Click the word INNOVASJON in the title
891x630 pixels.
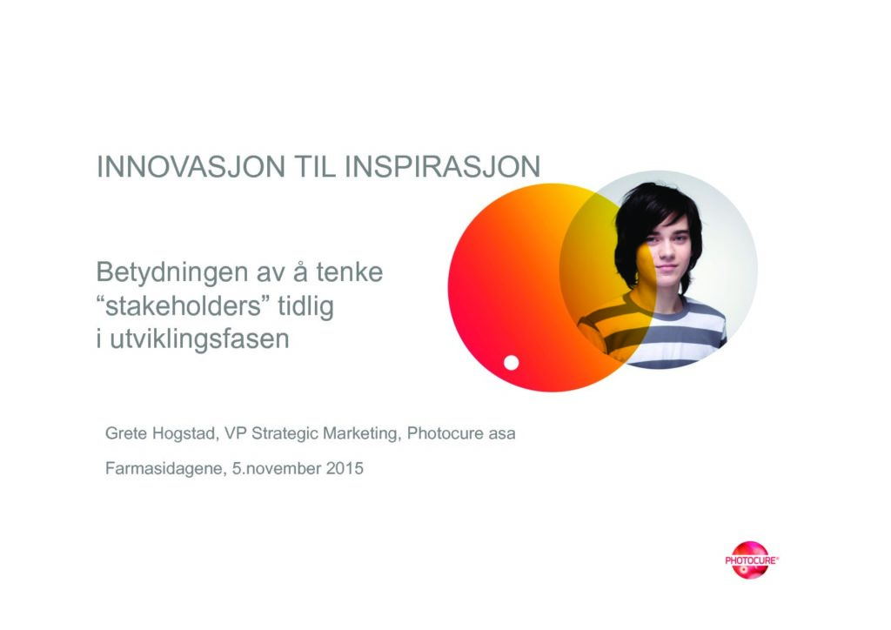191,166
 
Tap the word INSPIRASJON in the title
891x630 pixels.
443,166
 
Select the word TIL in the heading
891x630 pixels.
315,166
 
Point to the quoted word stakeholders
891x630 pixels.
183,306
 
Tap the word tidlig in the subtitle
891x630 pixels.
305,307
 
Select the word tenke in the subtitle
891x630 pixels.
350,272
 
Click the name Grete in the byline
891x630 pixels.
125,433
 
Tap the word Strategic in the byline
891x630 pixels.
285,434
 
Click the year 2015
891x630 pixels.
345,469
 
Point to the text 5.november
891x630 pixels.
277,469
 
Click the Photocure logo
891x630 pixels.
751,560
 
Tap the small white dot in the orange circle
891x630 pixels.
512,363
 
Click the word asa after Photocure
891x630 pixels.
502,434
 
